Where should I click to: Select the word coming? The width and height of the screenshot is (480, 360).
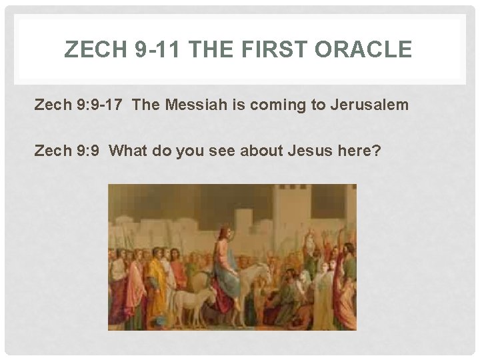(270, 106)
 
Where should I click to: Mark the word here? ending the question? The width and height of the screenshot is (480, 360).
(361, 151)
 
